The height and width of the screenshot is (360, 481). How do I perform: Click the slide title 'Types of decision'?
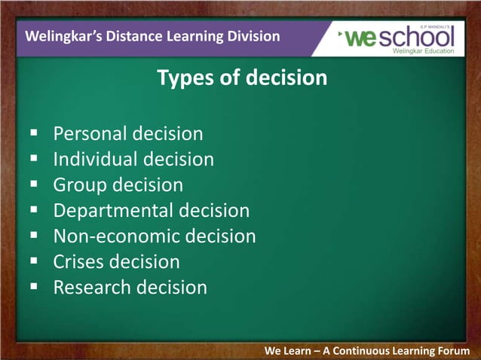coord(241,77)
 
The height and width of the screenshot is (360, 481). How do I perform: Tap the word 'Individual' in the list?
coord(95,160)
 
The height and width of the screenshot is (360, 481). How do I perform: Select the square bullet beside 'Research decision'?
coord(34,287)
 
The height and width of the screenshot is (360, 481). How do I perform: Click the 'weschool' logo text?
coord(400,37)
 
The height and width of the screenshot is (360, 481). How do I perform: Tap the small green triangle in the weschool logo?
coord(342,32)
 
